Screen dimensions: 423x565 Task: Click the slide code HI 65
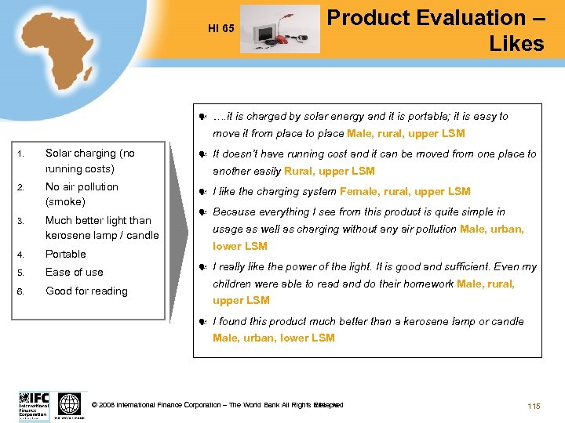[x=221, y=29]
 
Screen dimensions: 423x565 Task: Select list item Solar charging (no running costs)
[x=90, y=161]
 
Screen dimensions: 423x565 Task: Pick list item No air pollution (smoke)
[x=82, y=194]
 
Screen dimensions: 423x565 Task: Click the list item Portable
[x=66, y=254]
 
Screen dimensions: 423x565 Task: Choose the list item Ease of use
[x=75, y=272]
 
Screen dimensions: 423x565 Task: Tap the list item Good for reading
[x=86, y=291]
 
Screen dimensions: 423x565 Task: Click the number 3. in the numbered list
[x=23, y=221]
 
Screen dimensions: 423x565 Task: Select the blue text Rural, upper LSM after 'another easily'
[x=330, y=171]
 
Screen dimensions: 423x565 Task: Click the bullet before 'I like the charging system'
[x=202, y=192]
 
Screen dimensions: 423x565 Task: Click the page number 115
[x=534, y=405]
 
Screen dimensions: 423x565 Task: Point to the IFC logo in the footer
[x=34, y=404]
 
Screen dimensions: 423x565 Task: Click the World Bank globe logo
[x=69, y=403]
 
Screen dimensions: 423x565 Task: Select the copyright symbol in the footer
[x=95, y=405]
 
